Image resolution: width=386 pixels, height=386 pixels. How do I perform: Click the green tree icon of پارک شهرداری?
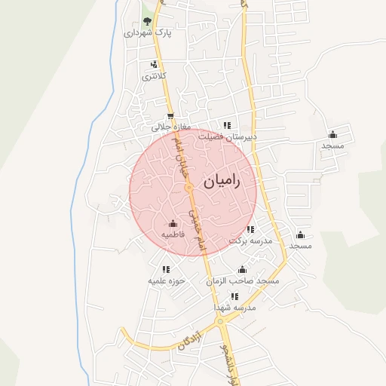147,21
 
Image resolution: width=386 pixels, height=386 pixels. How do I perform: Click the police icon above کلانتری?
155,64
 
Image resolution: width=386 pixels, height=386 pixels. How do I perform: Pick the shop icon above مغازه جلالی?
170,116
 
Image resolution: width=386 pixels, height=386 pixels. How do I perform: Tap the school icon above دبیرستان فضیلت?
225,125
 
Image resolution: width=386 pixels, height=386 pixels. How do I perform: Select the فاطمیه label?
173,234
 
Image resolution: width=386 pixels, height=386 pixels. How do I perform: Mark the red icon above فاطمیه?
173,223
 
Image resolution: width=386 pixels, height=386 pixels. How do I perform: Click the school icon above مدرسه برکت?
250,228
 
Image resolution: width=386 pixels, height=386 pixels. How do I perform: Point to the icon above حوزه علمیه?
166,269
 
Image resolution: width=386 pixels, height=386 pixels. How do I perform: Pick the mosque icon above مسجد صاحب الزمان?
242,270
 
